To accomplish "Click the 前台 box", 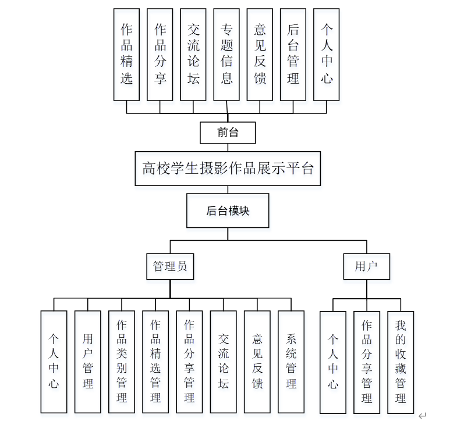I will pos(228,132).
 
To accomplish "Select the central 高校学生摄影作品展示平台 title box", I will pos(228,169).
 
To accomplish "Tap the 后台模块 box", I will pos(228,210).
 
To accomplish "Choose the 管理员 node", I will pos(170,267).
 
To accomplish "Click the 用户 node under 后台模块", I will pos(366,267).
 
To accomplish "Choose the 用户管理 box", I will pos(88,361).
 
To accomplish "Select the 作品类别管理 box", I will pos(122,361).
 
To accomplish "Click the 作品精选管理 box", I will pos(155,361).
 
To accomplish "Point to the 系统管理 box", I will pos(291,361).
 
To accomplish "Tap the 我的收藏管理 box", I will pos(401,361).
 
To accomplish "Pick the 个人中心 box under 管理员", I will pos(54,361).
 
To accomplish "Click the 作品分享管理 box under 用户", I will pos(367,361).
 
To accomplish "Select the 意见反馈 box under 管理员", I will pos(257,361).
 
